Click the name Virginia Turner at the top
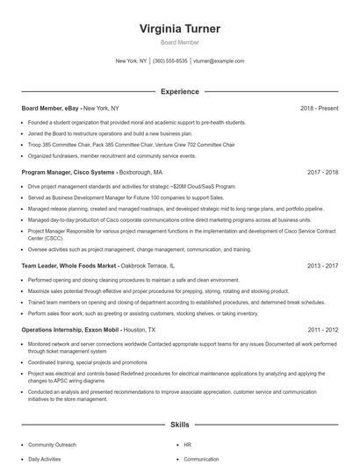point(180,29)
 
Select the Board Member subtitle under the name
point(180,42)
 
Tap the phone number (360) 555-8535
point(170,61)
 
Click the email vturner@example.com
point(219,61)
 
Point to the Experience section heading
point(180,91)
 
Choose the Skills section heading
point(180,424)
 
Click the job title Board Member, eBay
point(50,108)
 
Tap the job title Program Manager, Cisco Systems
point(67,173)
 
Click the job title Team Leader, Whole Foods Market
point(69,265)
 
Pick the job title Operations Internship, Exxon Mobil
point(71,330)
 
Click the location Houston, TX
point(140,330)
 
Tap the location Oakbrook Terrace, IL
point(148,265)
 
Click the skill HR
point(188,445)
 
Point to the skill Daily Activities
point(45,459)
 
